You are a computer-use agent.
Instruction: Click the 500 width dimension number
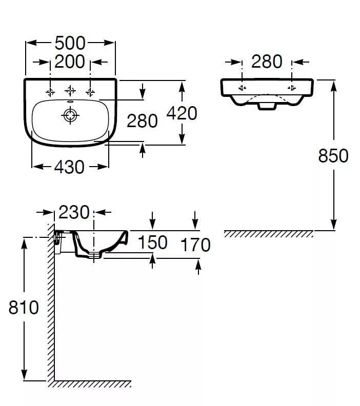click(x=70, y=43)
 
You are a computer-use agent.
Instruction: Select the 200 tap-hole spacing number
click(x=70, y=62)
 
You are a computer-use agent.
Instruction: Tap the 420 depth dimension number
click(x=182, y=113)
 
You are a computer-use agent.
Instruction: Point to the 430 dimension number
click(x=69, y=167)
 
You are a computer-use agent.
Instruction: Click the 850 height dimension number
click(x=333, y=156)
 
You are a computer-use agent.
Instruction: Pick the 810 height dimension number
click(x=24, y=308)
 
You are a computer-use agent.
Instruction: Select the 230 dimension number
click(x=74, y=212)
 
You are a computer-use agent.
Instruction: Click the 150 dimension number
click(x=152, y=242)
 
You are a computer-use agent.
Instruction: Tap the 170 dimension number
click(x=195, y=245)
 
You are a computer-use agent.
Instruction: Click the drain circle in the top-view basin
click(x=70, y=115)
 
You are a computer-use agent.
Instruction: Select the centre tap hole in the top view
click(x=70, y=91)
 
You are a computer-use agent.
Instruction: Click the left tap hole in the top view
click(x=50, y=92)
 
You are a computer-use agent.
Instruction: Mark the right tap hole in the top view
click(x=90, y=92)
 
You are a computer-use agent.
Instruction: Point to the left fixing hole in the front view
click(x=242, y=88)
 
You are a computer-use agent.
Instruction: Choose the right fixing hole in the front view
click(x=292, y=88)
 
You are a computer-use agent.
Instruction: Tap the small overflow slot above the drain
click(x=70, y=102)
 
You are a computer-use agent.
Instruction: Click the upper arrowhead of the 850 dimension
click(x=334, y=86)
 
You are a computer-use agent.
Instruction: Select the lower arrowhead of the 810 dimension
click(x=24, y=375)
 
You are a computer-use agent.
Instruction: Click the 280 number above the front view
click(x=267, y=62)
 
